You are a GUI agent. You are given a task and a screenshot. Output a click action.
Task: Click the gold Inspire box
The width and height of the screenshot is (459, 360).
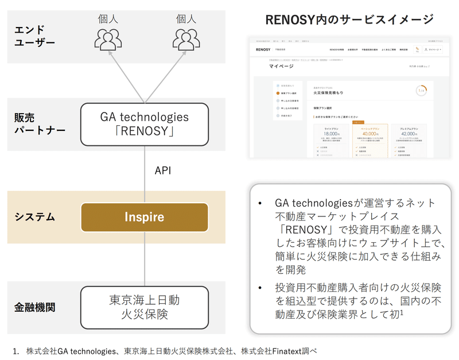click(x=145, y=217)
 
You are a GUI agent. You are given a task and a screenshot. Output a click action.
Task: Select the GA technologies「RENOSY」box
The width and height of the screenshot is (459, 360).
click(x=145, y=124)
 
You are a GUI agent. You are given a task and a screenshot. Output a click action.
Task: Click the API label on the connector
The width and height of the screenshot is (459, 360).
click(x=163, y=171)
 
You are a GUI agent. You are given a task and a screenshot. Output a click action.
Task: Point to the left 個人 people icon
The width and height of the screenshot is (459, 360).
click(x=108, y=38)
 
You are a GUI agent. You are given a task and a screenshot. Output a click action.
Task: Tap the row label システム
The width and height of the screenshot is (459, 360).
click(x=34, y=217)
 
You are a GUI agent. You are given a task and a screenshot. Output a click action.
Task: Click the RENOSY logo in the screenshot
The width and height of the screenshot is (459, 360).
click(x=263, y=50)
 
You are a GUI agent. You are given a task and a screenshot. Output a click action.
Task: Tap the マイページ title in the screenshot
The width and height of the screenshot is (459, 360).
click(x=280, y=67)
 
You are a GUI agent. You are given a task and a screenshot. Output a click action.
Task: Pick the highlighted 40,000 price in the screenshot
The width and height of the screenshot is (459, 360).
click(x=368, y=134)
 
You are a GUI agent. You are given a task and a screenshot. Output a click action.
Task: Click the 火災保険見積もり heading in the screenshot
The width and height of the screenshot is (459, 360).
click(x=329, y=92)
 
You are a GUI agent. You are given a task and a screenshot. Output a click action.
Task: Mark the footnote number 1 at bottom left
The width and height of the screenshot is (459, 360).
click(x=15, y=350)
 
